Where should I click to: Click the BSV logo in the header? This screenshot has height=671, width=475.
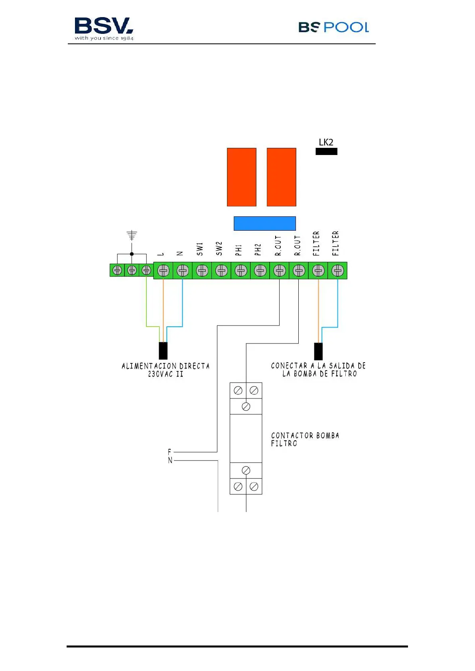104,28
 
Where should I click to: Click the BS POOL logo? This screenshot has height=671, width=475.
333,27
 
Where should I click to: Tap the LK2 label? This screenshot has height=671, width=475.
326,142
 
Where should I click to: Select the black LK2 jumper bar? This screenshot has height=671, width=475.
326,151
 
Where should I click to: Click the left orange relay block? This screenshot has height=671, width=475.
241,177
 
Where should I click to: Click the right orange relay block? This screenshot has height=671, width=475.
281,177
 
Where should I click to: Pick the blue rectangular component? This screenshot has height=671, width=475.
264,223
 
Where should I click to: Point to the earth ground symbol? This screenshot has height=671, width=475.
132,235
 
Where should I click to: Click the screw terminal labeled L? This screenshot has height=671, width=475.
163,271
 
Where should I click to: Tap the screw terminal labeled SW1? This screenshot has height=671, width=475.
202,271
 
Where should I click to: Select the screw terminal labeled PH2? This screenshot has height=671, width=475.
260,271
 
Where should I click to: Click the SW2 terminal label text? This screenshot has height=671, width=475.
219,248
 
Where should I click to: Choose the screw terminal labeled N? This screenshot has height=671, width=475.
183,271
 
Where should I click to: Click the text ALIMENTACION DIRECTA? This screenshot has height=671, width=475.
166,366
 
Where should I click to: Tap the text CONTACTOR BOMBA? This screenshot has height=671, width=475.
305,436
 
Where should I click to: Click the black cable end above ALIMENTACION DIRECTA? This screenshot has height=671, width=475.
163,351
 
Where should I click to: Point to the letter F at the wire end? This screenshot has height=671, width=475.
170,452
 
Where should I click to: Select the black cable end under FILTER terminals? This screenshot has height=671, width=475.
318,351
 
